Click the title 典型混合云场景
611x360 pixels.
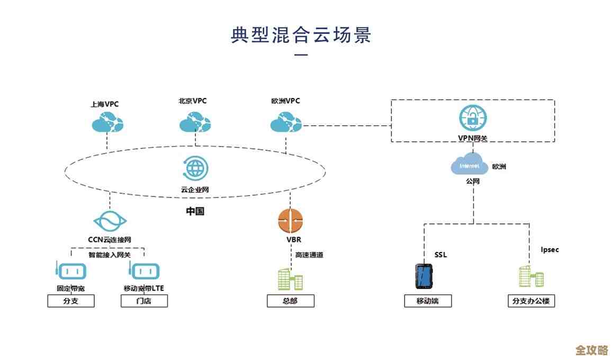pos(301,35)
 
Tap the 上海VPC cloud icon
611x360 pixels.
pos(107,123)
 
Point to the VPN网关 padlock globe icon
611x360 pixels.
pos(472,118)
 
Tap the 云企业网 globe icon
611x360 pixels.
pos(195,169)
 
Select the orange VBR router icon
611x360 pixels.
pos(290,221)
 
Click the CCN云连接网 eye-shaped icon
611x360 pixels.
pos(110,221)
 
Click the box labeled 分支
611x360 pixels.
pos(70,301)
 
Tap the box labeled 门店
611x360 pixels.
pos(144,301)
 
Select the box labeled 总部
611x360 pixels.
pos(290,301)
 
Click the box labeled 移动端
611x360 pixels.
pos(428,301)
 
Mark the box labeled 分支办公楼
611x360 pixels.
pos(531,301)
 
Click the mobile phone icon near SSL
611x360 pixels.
pos(424,275)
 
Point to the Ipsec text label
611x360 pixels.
pos(550,249)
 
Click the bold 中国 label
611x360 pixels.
pos(195,211)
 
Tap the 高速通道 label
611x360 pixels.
pos(309,255)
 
